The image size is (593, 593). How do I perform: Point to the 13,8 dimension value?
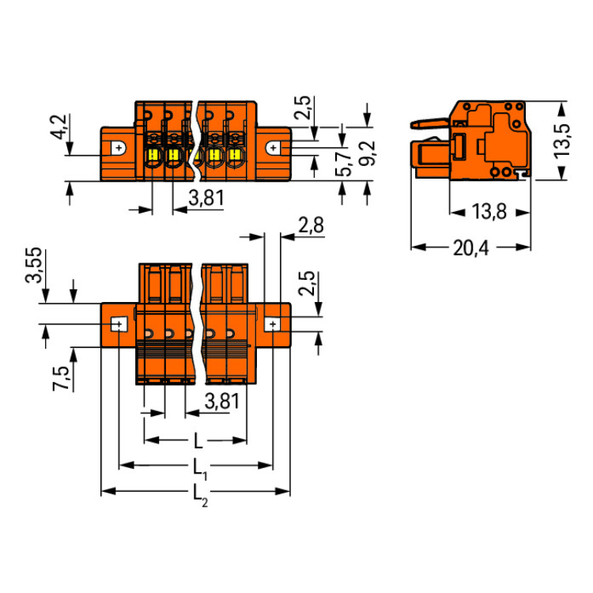(489, 212)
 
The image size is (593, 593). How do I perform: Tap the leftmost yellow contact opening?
(154, 155)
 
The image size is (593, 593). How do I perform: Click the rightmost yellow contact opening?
(234, 155)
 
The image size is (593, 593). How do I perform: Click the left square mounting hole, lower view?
(118, 325)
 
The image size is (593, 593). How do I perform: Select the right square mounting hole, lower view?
(271, 325)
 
